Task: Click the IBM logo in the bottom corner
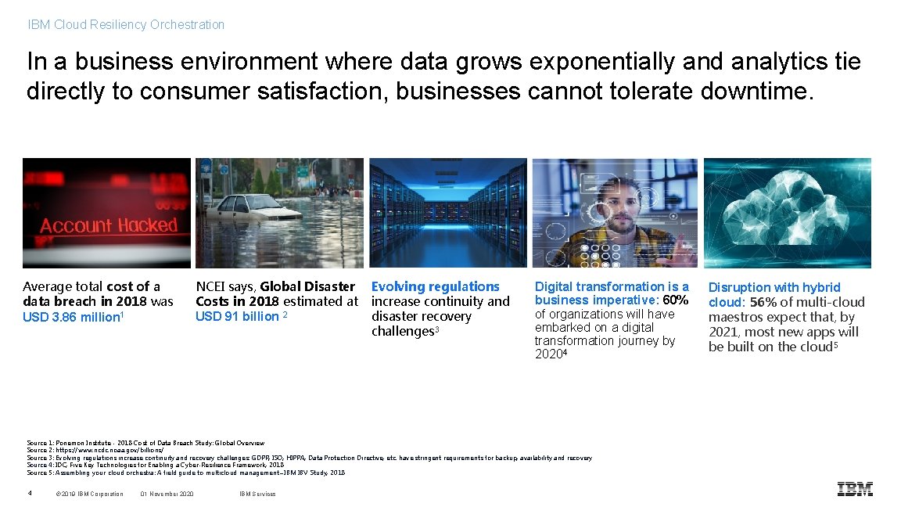tap(854, 490)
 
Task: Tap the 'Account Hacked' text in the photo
tap(109, 226)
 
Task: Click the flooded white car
tap(249, 207)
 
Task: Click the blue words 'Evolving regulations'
tap(435, 286)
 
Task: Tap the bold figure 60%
tap(676, 300)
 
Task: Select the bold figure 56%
tap(763, 302)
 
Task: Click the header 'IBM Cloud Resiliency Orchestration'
tap(126, 25)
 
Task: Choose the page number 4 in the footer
tap(30, 493)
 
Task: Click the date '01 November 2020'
tap(167, 494)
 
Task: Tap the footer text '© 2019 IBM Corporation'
tap(90, 494)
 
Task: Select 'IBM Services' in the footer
tap(257, 494)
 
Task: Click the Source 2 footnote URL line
tap(95, 451)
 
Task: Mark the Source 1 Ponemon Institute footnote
tap(145, 443)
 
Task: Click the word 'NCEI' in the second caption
tap(210, 286)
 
